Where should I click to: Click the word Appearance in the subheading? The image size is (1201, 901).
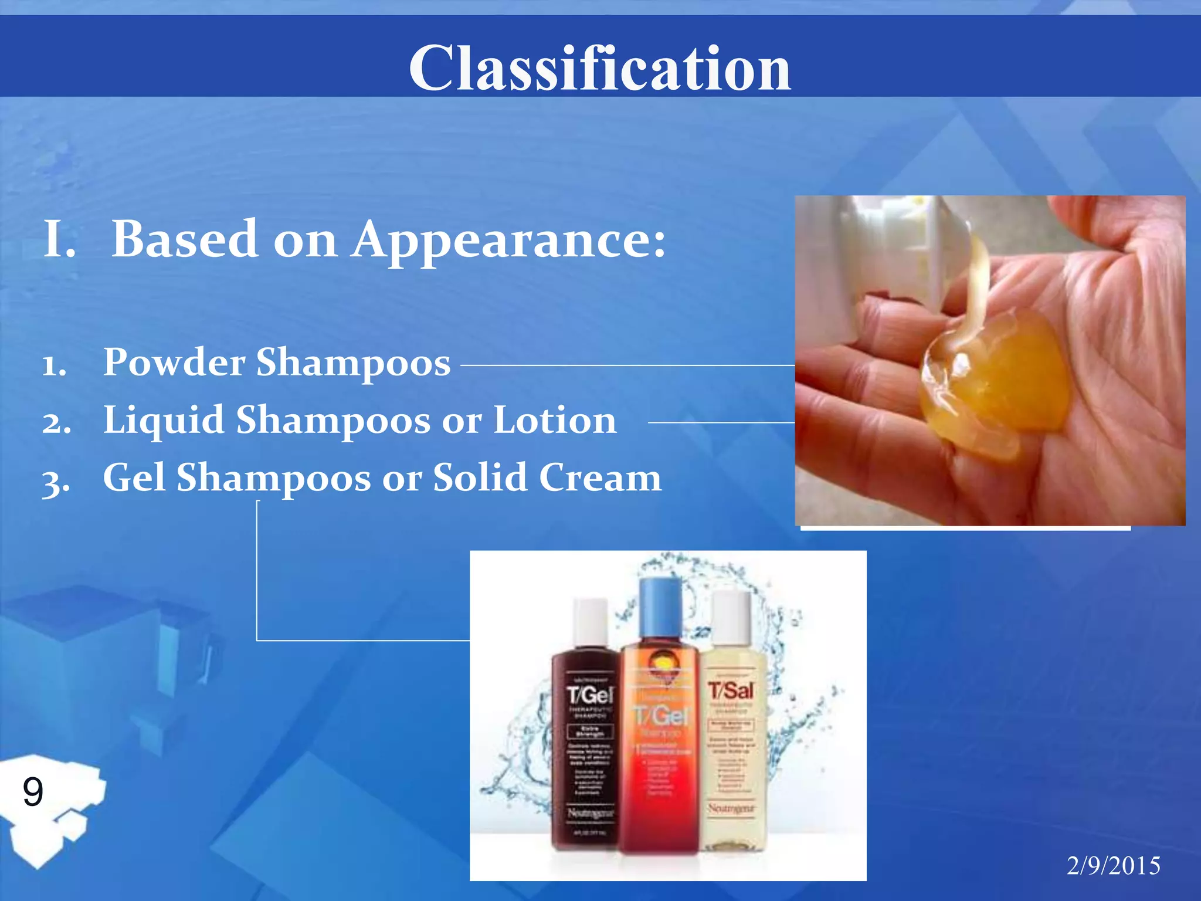pos(508,239)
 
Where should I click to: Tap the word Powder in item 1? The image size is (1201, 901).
pos(174,362)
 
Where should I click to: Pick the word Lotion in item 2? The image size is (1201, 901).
pos(555,421)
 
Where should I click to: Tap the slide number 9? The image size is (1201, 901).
pos(33,791)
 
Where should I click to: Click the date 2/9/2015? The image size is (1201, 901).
pos(1113,866)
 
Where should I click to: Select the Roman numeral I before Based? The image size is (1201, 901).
pos(59,239)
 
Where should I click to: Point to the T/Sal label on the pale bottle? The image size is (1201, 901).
pos(730,691)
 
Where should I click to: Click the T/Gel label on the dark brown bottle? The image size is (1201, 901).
pos(589,696)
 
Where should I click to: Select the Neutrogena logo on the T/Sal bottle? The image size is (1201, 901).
pos(730,808)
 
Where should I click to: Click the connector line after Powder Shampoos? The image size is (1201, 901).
pos(627,365)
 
